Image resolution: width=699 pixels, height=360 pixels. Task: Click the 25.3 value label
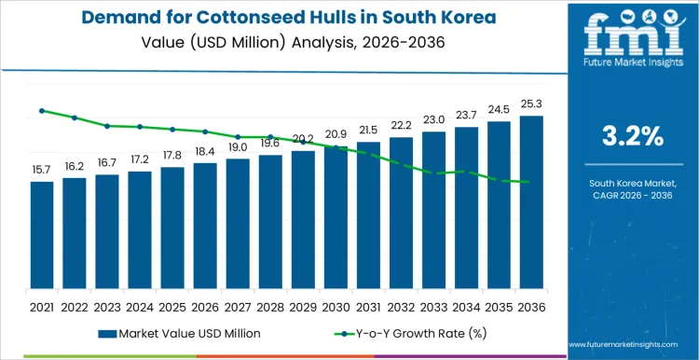click(531, 104)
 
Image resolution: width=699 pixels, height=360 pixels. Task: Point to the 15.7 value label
click(41, 170)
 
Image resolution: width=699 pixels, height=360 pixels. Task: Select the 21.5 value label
click(368, 131)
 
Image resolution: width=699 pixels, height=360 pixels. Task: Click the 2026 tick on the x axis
click(205, 306)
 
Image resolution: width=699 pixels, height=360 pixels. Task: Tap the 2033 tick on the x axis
click(433, 306)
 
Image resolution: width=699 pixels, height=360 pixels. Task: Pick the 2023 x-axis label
click(107, 306)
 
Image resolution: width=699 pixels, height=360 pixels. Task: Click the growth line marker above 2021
click(41, 110)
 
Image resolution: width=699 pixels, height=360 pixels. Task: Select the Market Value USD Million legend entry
click(176, 333)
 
